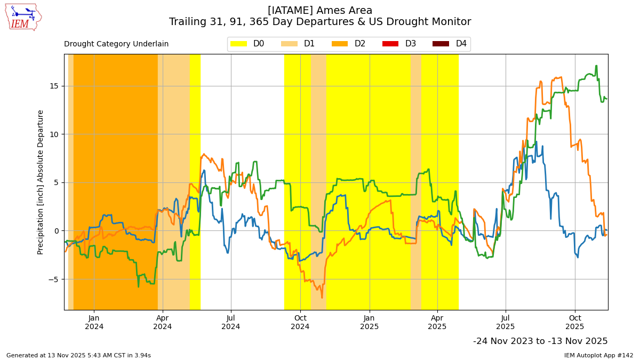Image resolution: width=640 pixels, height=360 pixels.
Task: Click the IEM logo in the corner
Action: (x=23, y=17)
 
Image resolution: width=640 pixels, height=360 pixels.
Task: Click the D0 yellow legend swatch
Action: (x=239, y=44)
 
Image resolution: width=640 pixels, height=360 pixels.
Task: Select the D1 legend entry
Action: (x=298, y=44)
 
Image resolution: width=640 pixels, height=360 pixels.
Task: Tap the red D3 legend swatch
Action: (x=390, y=44)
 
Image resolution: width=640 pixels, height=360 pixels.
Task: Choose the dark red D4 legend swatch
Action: (x=441, y=44)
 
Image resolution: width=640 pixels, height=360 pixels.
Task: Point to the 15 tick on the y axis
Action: (x=54, y=86)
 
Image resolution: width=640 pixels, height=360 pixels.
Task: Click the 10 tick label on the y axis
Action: (x=54, y=134)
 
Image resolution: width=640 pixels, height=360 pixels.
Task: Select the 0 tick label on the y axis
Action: (x=57, y=231)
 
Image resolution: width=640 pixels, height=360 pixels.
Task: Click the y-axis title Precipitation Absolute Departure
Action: (x=41, y=182)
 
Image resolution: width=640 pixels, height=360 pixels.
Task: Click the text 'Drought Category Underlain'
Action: (x=116, y=44)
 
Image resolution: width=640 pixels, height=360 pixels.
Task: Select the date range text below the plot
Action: (x=540, y=341)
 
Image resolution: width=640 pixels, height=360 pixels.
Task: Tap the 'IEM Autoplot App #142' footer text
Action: (x=598, y=355)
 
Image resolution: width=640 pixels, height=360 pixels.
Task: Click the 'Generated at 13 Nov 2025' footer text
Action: (x=78, y=355)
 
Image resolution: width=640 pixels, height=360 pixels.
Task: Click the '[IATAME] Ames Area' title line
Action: (x=320, y=11)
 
